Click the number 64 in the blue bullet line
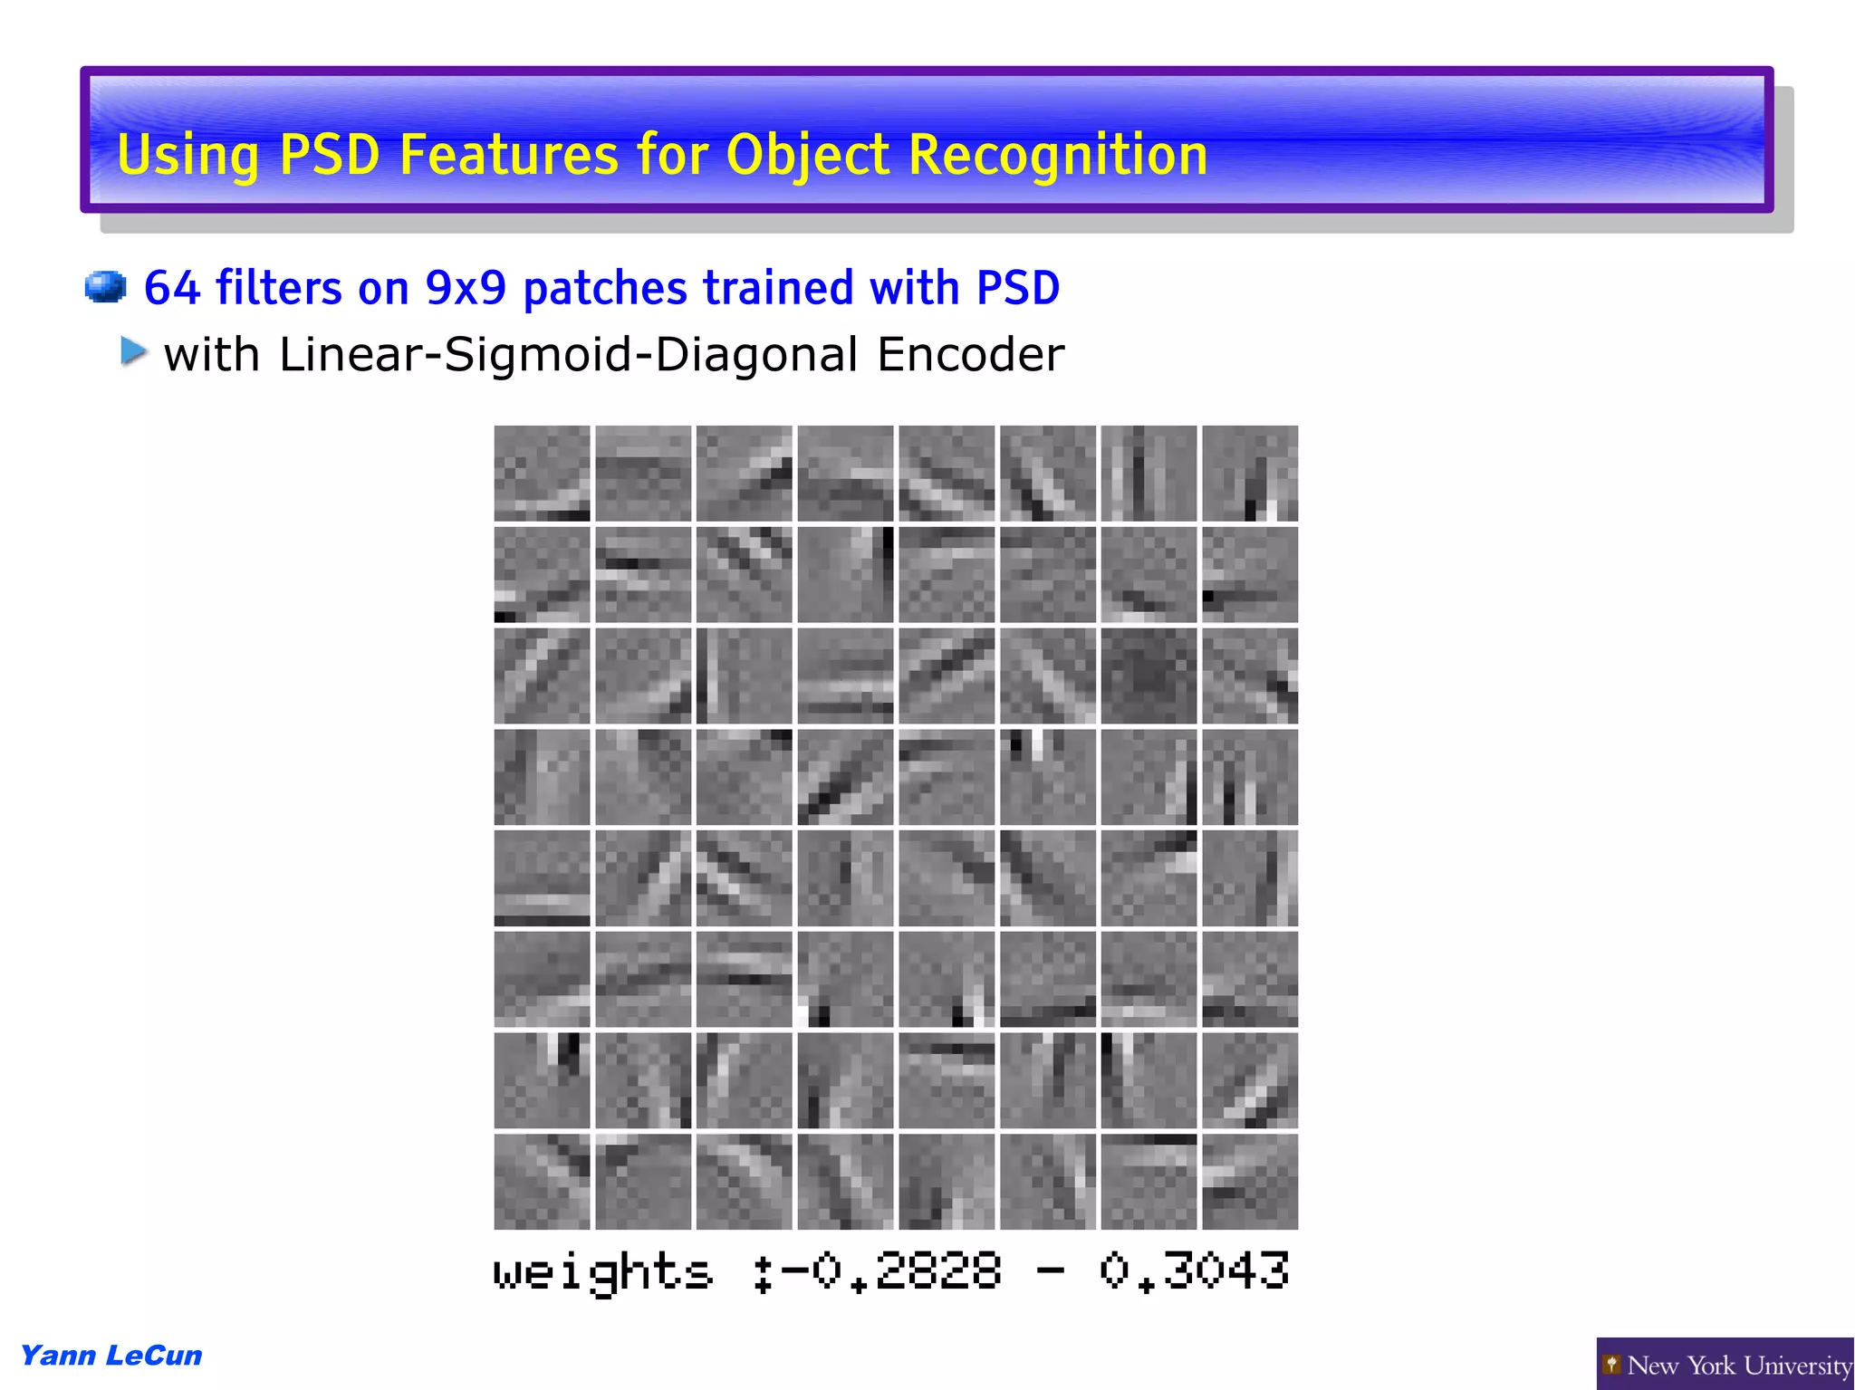171,288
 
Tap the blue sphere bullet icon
105,286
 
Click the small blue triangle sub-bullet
133,351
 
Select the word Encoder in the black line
970,354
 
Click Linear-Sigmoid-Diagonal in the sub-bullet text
568,354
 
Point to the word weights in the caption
603,1271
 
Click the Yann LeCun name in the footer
111,1355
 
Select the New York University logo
1725,1364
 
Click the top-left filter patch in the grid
542,473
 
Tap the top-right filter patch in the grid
1250,473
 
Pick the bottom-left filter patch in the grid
542,1181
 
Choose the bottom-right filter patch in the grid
1250,1181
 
